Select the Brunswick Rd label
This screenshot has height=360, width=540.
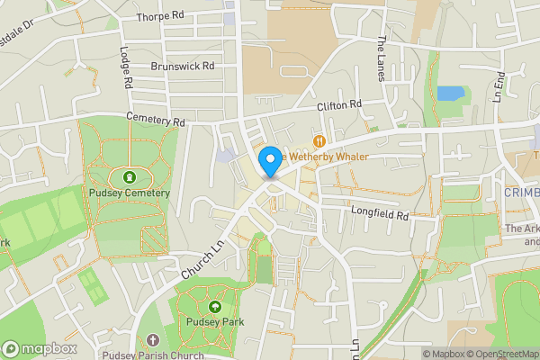click(184, 66)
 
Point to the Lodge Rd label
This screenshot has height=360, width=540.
click(127, 68)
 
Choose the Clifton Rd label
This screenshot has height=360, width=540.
click(338, 105)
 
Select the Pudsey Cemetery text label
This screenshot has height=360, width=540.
click(130, 193)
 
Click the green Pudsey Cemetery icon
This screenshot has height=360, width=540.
click(130, 177)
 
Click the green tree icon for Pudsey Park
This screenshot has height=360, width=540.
click(214, 306)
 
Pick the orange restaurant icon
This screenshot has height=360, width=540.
click(319, 140)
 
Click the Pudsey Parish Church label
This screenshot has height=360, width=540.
click(153, 355)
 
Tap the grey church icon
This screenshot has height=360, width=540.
click(152, 340)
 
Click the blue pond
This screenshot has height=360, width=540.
click(448, 93)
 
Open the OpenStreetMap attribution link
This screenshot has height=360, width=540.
click(501, 354)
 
